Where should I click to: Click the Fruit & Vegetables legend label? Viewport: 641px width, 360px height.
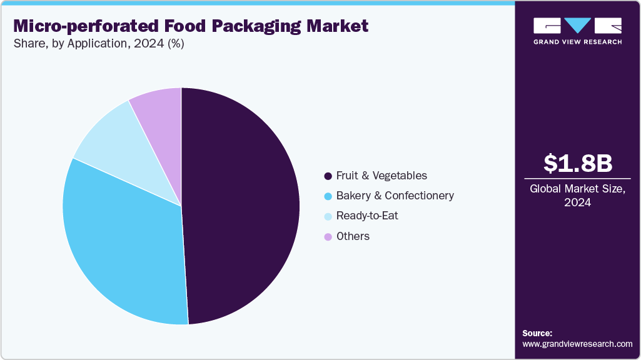(381, 176)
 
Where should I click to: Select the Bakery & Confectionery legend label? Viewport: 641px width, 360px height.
(395, 196)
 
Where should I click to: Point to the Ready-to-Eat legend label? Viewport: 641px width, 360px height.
(367, 216)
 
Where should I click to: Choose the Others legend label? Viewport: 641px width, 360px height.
(353, 236)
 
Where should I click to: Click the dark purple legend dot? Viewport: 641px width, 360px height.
(328, 176)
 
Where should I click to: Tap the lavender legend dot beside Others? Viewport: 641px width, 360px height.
(328, 236)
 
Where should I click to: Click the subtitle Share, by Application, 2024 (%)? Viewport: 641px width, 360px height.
(98, 44)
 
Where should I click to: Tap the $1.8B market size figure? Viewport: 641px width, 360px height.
(577, 164)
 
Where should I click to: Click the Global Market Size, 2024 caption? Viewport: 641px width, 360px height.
(577, 195)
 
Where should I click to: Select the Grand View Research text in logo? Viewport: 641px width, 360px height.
(577, 42)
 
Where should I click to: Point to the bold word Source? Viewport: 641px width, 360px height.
(537, 333)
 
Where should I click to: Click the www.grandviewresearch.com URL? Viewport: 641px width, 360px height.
(577, 344)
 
